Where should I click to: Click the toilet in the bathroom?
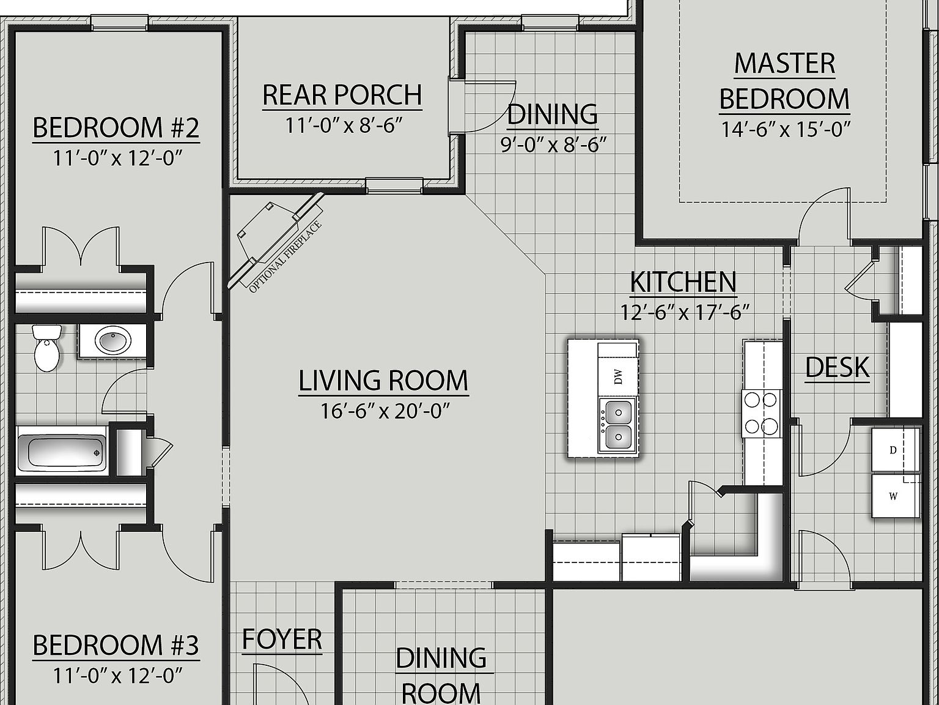(46, 349)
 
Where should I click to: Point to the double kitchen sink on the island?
(617, 424)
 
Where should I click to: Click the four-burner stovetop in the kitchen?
(762, 413)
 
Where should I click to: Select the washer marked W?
(894, 496)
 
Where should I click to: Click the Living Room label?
(383, 381)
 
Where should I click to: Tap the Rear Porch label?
(342, 95)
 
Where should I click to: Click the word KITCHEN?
(683, 282)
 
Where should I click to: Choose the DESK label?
(837, 367)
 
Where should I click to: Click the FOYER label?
(282, 640)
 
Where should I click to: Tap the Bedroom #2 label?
(116, 128)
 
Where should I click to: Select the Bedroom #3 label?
(116, 646)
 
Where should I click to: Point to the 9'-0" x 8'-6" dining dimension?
(553, 146)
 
